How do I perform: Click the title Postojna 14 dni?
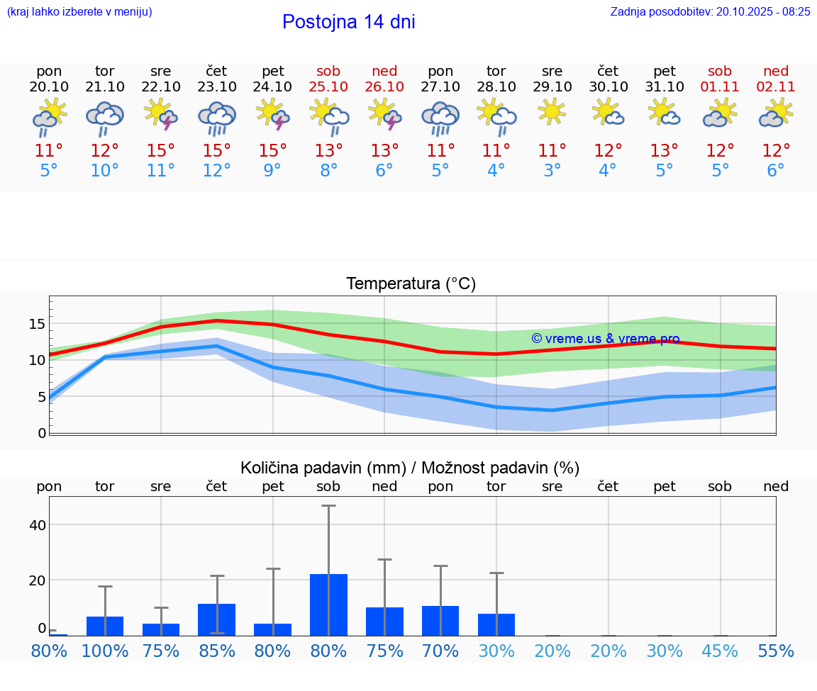[x=348, y=22]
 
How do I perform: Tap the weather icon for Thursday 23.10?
[x=217, y=118]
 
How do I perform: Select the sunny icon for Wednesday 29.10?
[x=552, y=112]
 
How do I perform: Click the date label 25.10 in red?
[x=328, y=86]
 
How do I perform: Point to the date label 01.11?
[x=720, y=86]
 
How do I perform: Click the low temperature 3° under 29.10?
[x=552, y=171]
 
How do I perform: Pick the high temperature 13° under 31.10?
[x=664, y=151]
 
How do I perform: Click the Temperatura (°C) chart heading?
[x=411, y=284]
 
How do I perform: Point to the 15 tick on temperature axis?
[x=37, y=324]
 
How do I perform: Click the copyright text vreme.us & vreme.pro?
[x=606, y=339]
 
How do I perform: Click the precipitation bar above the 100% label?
[x=105, y=626]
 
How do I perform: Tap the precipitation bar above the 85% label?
[x=217, y=619]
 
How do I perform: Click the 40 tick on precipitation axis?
[x=37, y=525]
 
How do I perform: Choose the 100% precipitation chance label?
[x=105, y=651]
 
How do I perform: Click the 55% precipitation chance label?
[x=776, y=651]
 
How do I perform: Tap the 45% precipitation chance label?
[x=720, y=651]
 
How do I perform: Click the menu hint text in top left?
[x=79, y=11]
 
